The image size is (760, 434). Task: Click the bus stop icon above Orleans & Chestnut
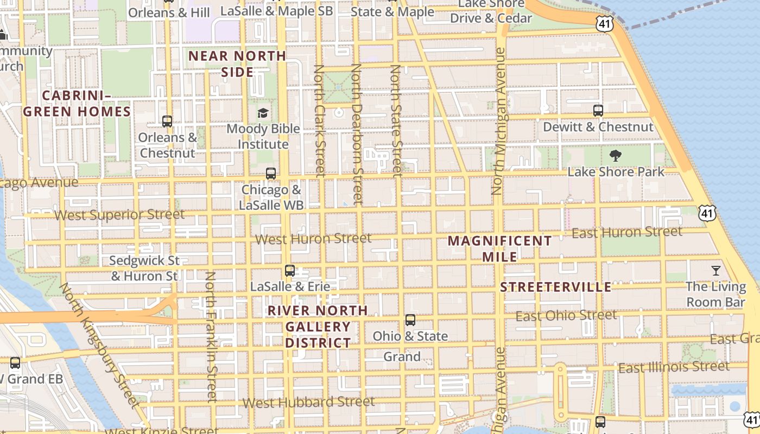point(167,122)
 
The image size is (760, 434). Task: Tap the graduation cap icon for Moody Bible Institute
point(263,113)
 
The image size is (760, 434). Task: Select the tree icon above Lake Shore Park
point(616,156)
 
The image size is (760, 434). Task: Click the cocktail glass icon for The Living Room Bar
point(716,270)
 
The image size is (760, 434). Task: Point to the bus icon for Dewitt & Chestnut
point(598,111)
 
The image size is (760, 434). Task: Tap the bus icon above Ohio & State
point(410,320)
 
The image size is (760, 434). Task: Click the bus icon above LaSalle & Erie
point(290,270)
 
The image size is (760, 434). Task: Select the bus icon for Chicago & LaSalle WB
point(271,174)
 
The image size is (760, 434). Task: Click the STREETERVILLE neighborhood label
point(555,287)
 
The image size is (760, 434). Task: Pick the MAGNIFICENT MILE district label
point(499,248)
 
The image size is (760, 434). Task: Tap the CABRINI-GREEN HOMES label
point(77,104)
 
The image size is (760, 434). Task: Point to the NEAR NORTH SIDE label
point(237,64)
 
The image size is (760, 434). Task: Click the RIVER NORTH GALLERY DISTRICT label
point(318,327)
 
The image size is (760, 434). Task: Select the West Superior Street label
point(119,215)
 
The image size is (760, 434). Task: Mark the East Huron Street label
point(627,233)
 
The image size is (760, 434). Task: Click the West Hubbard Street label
point(308,403)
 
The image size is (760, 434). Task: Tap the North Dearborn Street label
point(357,134)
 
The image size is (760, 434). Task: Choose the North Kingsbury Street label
point(99,345)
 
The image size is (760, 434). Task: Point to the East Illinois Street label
point(674,368)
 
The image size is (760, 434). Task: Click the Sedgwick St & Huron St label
point(144,268)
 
